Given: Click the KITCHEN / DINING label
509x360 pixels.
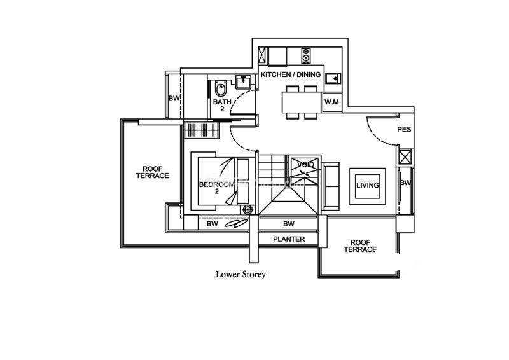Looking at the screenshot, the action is (x=291, y=74).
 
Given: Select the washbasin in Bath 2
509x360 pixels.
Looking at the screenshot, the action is (x=243, y=82).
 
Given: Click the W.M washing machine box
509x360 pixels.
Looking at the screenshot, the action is (x=331, y=102).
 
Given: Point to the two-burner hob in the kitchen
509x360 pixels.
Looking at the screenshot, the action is (x=306, y=55).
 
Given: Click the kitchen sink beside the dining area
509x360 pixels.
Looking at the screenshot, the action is (x=333, y=78).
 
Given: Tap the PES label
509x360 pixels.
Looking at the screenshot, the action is (x=404, y=130).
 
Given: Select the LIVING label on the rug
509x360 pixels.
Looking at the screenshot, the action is (x=368, y=185).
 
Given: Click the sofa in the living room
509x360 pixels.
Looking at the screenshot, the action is (x=331, y=186).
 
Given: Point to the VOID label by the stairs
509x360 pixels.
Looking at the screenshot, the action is (x=306, y=165).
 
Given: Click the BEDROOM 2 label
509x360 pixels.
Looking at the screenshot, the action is (x=216, y=188).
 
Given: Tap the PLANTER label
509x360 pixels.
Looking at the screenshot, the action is (x=289, y=239).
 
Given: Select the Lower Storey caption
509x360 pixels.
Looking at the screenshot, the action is (x=241, y=275).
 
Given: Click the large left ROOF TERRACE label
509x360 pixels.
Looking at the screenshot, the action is (x=152, y=172).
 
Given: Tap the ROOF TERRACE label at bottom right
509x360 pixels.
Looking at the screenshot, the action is (x=360, y=246).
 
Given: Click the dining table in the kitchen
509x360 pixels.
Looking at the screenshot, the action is (x=302, y=102).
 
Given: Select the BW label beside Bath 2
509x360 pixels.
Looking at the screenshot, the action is (x=174, y=99).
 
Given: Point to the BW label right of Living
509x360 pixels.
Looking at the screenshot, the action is (x=405, y=183).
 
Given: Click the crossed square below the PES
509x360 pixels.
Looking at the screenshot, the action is (x=405, y=156).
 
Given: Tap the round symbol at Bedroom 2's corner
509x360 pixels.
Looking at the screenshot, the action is (x=248, y=210).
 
